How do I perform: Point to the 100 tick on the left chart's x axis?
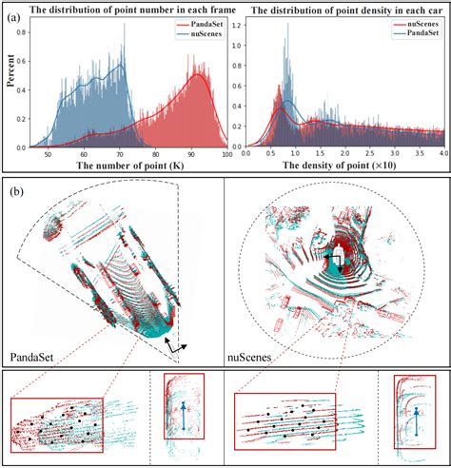(225, 153)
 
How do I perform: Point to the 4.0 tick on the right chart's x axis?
(441, 153)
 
